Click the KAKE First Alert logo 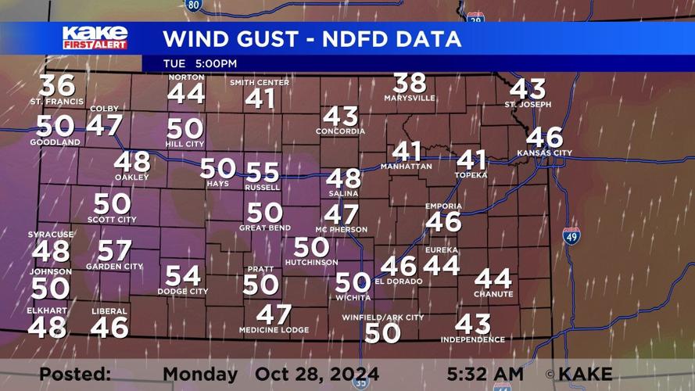coord(95,38)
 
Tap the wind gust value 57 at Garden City coord(114,250)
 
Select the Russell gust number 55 coord(263,173)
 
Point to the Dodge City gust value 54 coord(183,275)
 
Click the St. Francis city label coord(57,102)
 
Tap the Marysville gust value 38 coord(410,83)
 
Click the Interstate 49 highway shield coord(571,235)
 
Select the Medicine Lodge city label coord(274,330)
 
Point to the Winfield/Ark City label coord(383,317)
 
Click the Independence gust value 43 coord(473,323)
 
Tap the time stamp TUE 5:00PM coord(200,63)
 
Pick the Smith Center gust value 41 coord(260,99)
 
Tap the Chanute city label coord(493,294)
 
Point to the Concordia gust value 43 coord(340,117)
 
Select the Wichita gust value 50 coord(353,282)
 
